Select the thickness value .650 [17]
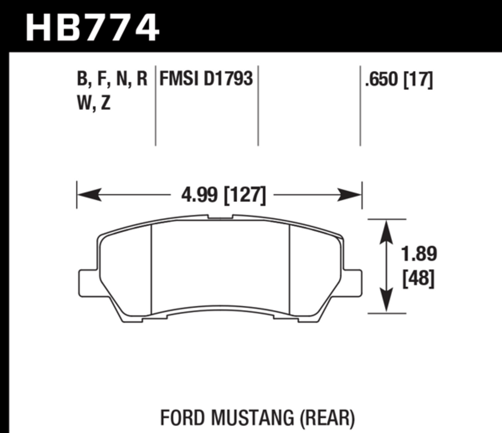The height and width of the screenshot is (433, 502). (397, 80)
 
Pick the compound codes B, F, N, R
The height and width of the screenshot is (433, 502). (112, 80)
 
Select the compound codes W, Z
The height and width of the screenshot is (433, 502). (94, 103)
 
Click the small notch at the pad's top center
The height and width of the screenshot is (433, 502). (220, 216)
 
